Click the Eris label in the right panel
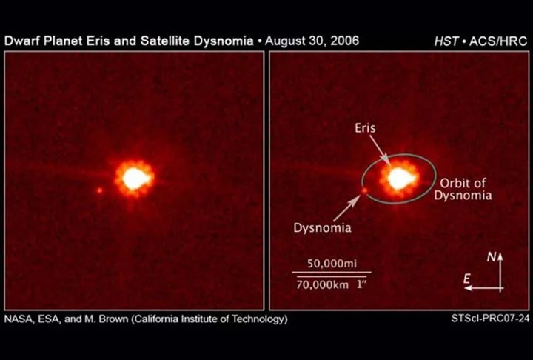click(365, 128)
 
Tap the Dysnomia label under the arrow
click(322, 227)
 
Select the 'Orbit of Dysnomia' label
click(463, 189)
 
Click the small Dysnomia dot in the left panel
click(100, 190)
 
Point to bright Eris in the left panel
click(135, 179)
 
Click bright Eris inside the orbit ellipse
click(400, 179)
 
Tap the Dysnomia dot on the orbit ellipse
click(364, 190)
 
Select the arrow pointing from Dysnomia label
click(346, 208)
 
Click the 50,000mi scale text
click(332, 264)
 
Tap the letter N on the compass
click(492, 257)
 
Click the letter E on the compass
click(467, 279)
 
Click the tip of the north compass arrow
click(500, 253)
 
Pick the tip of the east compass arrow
click(465, 288)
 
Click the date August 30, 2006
click(312, 41)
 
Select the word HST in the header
click(446, 41)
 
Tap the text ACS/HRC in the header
click(498, 41)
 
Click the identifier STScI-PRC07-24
click(490, 319)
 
